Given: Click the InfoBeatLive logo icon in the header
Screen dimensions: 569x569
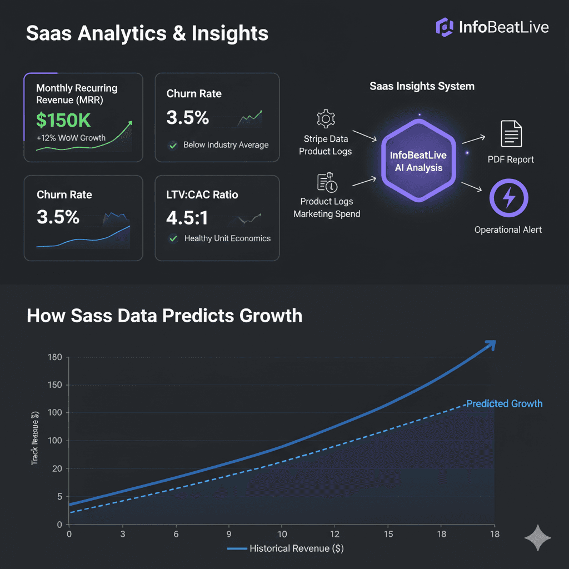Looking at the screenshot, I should pos(445,26).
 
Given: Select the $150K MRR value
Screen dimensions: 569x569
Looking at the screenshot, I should pos(63,120).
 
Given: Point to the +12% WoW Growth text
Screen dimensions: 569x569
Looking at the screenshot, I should pos(71,137).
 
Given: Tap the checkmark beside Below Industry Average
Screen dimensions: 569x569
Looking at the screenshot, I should pos(173,145).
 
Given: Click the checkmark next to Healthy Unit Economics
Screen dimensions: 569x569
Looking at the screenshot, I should pos(173,238).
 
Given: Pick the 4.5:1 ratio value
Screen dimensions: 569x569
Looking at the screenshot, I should pos(187,217).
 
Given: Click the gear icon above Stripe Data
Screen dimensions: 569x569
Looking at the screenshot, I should pos(325,119).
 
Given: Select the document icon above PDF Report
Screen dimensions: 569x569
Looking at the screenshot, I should pos(511,133).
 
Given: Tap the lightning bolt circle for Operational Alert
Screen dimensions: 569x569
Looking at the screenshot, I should pos(508,198).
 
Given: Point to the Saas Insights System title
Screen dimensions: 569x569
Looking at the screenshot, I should pos(422,86).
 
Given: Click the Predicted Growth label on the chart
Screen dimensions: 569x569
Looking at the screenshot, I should pos(504,404).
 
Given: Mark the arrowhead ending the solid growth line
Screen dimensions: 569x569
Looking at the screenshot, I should pos(490,346).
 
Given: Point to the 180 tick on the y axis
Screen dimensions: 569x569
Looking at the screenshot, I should pos(54,357).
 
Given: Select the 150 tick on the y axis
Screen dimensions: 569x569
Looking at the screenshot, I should pos(54,385).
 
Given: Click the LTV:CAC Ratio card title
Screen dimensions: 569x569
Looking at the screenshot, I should pos(202,194).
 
